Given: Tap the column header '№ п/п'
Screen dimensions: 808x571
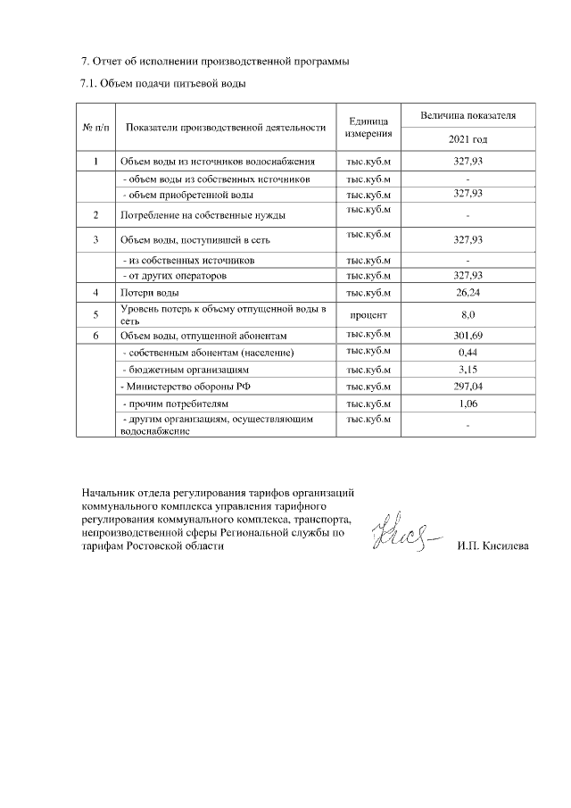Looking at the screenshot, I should click(95, 128).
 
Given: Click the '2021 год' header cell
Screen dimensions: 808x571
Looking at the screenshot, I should click(468, 140).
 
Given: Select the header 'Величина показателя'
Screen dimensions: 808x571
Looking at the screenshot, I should click(468, 116).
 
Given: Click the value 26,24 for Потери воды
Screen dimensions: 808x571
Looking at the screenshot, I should click(468, 293).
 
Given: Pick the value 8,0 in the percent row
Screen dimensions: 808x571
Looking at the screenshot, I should click(468, 314).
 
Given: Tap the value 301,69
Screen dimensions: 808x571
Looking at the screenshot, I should click(468, 336).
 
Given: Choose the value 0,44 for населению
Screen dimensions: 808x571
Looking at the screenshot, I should click(468, 353).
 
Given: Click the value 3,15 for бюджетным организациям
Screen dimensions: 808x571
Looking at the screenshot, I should click(468, 370).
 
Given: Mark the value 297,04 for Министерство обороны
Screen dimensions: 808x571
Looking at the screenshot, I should click(468, 387).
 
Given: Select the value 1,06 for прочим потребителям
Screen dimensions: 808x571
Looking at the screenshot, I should click(468, 404).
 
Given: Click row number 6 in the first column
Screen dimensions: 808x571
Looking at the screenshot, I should click(95, 336).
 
